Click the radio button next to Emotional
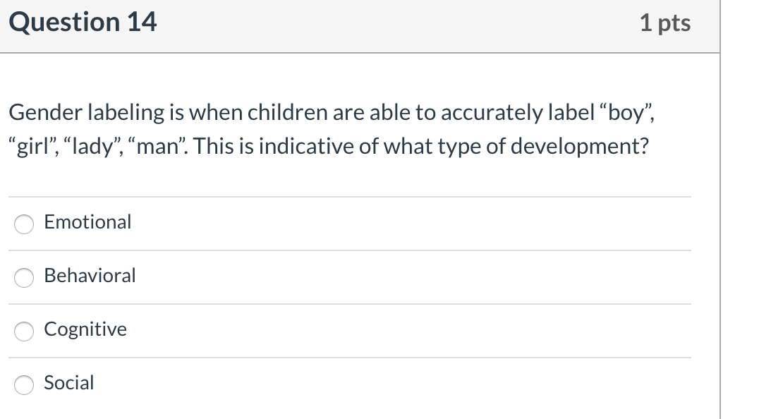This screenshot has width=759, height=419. (25, 224)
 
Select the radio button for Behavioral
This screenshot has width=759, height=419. (25, 277)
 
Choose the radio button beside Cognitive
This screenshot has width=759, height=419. (25, 331)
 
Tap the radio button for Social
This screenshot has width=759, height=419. (25, 384)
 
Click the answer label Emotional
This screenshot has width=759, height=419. (87, 222)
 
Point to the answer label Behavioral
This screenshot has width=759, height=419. (90, 276)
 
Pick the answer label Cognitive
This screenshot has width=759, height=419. (85, 329)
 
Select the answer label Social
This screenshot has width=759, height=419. (68, 383)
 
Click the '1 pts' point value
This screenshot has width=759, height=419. (665, 23)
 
